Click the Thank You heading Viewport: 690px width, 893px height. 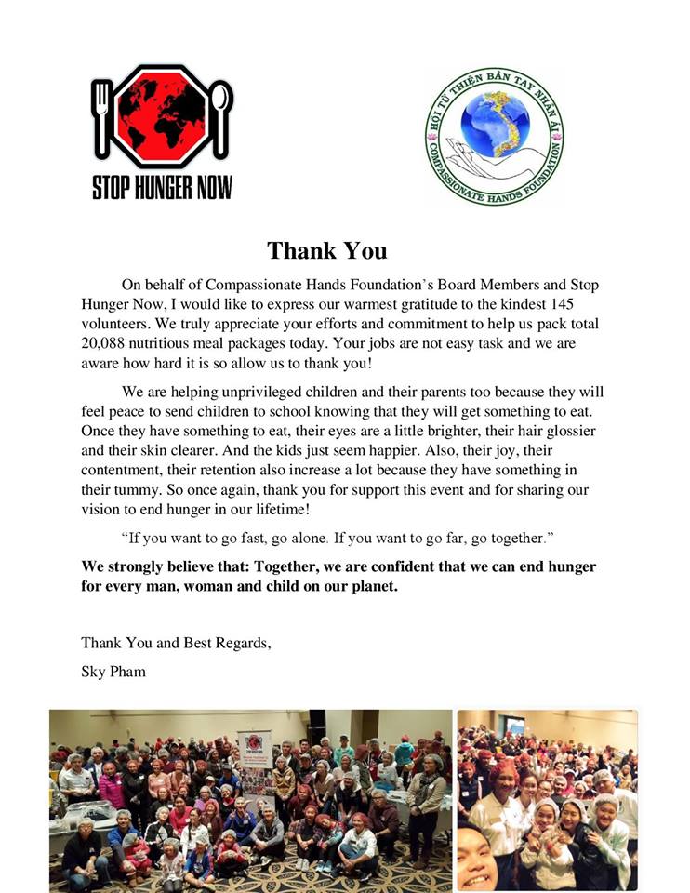[326, 250]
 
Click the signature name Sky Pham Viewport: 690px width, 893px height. [113, 671]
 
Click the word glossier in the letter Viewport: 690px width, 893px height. [563, 432]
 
